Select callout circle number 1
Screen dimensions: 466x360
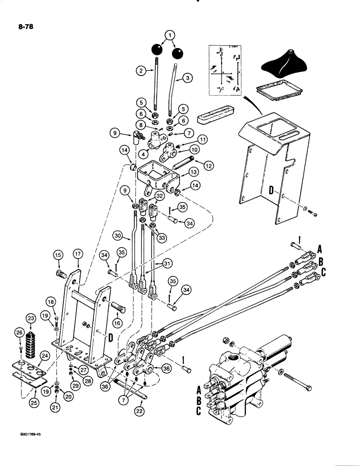pos(170,35)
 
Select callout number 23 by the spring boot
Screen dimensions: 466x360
pos(32,319)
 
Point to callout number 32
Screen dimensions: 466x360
pos(159,196)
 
